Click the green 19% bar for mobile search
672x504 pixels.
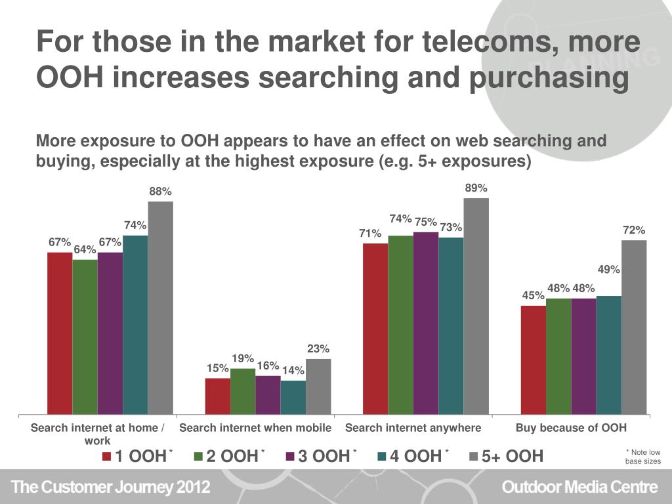pos(243,391)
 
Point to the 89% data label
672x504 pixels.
pos(476,188)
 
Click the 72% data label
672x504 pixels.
pos(634,230)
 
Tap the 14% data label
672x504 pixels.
pos(293,371)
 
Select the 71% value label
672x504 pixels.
pos(370,234)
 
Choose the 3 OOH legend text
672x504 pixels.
pos(324,456)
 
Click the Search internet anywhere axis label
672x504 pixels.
pos(413,428)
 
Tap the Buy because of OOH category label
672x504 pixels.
pos(571,428)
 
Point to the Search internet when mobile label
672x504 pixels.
pos(255,428)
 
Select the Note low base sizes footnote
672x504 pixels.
pos(642,457)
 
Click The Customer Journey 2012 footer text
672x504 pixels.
pos(111,488)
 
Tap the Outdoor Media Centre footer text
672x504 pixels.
pos(579,488)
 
